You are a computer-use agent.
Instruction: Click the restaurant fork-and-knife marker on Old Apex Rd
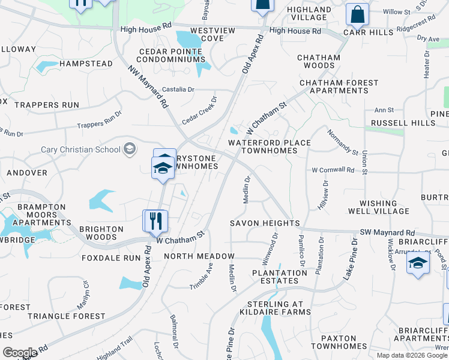[154, 220]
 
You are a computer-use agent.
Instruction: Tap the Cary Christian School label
[80, 149]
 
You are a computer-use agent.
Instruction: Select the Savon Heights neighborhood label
[265, 223]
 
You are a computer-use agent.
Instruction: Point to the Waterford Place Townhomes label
[269, 146]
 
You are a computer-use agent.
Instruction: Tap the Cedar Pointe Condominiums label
[172, 55]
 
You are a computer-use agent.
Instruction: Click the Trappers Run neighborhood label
[47, 104]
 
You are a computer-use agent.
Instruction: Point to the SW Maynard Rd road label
[387, 232]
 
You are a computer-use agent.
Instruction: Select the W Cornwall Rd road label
[333, 170]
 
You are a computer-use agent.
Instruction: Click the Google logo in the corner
[20, 353]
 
